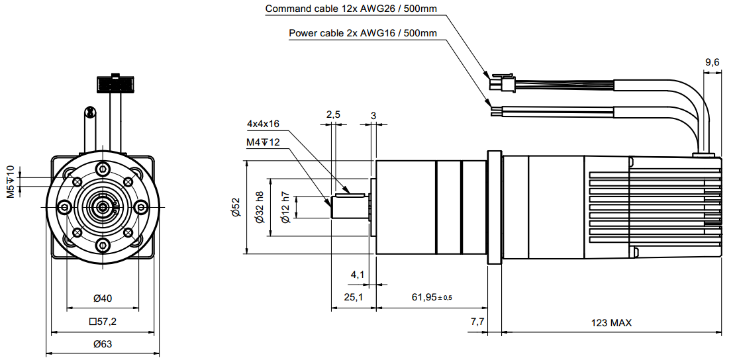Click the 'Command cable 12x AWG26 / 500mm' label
click(351, 9)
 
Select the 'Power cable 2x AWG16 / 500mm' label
click(363, 33)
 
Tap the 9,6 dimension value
click(712, 62)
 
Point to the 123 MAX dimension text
click(611, 323)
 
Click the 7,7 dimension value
click(477, 322)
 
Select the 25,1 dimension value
click(354, 297)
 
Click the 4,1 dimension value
click(358, 274)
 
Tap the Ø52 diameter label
click(235, 206)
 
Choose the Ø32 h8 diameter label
click(260, 206)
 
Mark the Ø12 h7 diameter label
click(285, 206)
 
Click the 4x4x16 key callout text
click(263, 124)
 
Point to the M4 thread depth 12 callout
click(263, 142)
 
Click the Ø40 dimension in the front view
click(103, 298)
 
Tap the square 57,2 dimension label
click(103, 322)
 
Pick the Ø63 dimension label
click(103, 344)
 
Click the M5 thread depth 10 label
click(11, 182)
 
